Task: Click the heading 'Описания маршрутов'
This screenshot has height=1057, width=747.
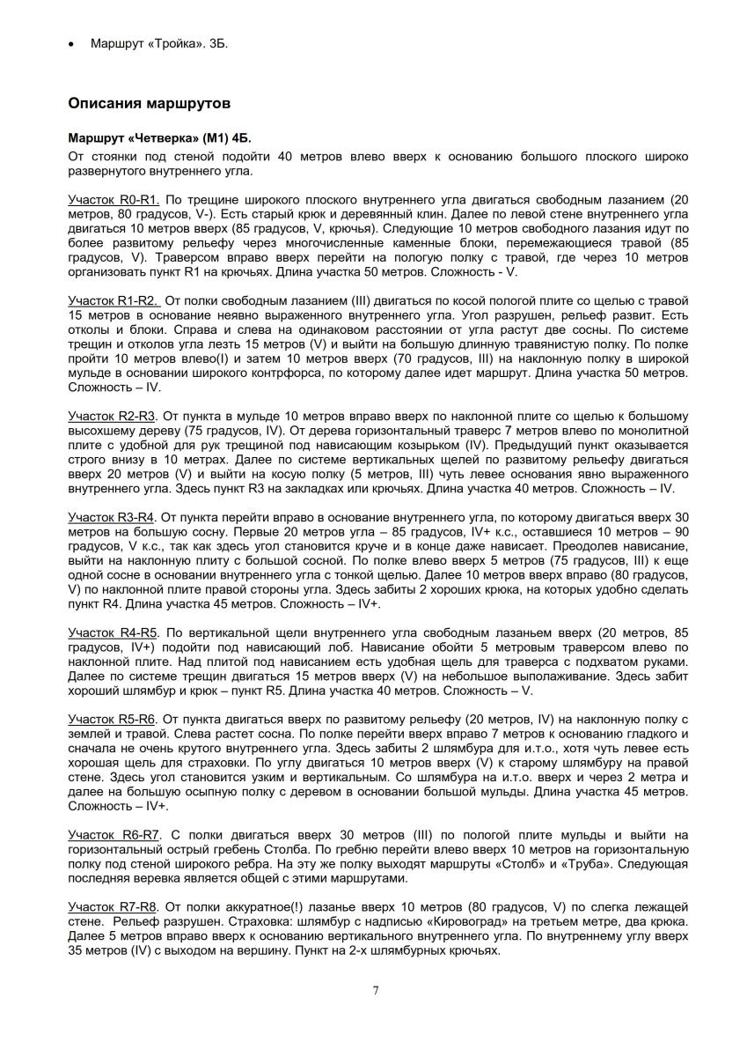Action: [150, 103]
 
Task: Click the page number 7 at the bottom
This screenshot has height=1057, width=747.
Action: [376, 991]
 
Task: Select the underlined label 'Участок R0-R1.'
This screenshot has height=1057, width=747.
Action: [114, 201]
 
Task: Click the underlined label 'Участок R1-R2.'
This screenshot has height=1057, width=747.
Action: [114, 301]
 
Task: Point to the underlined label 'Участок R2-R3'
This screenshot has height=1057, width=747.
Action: [112, 416]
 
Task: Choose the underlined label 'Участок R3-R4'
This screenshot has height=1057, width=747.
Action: [112, 516]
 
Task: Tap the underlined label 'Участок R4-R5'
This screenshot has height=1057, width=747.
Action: [112, 632]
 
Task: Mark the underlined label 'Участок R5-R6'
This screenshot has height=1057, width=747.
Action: [112, 718]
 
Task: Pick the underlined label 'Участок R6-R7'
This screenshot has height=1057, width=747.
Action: [112, 833]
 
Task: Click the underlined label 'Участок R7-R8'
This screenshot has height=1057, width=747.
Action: [112, 905]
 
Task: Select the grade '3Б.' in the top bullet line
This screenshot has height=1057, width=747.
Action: [219, 43]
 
